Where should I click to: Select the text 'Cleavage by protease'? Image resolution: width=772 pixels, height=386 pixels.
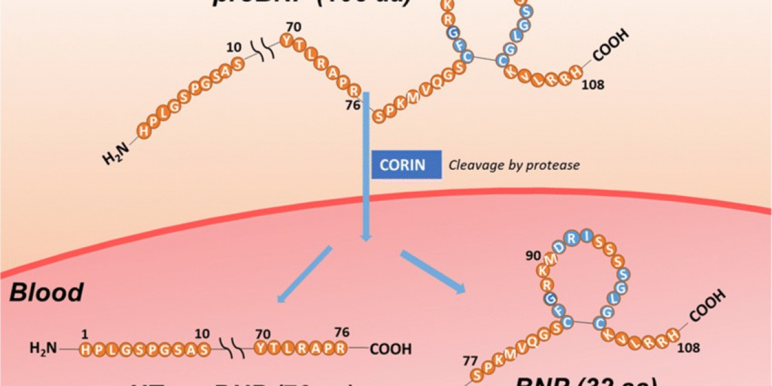coord(514,165)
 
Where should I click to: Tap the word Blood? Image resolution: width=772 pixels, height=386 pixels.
coord(46,292)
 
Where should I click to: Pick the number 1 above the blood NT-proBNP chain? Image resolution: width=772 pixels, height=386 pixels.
coord(84,334)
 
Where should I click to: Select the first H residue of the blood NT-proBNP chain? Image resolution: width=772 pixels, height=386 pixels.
coord(85,349)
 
